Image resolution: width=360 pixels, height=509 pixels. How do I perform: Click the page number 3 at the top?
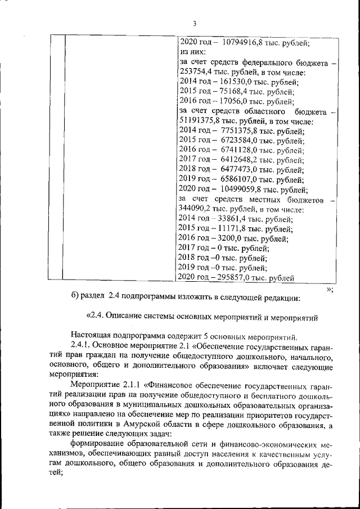(x=194, y=24)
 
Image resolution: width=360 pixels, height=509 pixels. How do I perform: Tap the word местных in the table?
(x=267, y=200)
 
